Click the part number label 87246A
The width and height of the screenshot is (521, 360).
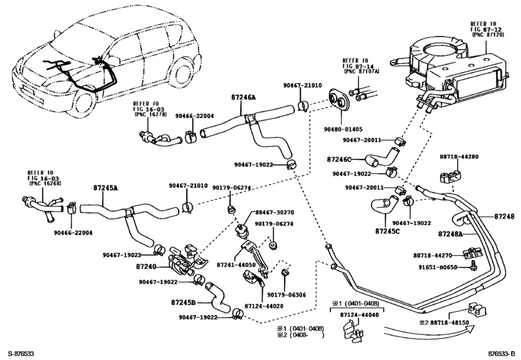point(243,98)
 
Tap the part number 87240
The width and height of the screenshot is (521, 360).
point(146,265)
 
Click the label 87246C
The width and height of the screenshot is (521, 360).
point(340,159)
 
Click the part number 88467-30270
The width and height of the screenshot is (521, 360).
point(269,212)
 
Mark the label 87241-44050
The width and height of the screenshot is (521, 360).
point(236,264)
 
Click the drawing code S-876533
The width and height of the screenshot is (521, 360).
point(19,354)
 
